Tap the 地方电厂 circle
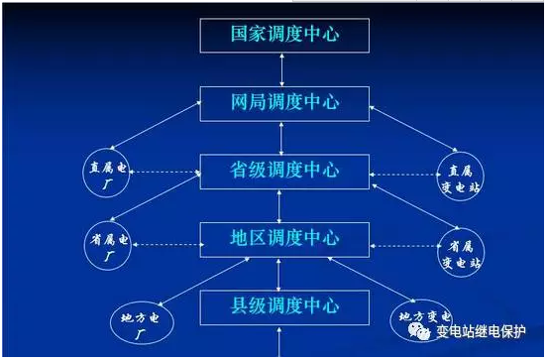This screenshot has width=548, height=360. tap(137, 322)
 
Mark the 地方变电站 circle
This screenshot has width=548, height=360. tap(418, 320)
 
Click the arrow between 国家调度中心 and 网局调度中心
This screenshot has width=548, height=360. tap(283, 69)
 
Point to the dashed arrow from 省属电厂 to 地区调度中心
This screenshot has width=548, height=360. tap(169, 242)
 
